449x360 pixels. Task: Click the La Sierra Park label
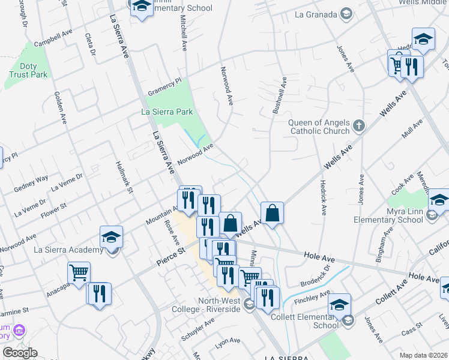click(x=167, y=112)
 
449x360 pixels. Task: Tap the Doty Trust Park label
click(x=28, y=70)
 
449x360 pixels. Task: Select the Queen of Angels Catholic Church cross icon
click(x=359, y=125)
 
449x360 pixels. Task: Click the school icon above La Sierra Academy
click(x=111, y=238)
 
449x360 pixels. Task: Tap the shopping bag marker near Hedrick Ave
click(x=272, y=213)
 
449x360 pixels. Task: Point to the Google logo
click(x=19, y=353)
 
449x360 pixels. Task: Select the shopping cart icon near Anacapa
click(x=79, y=273)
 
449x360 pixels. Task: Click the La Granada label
click(x=316, y=14)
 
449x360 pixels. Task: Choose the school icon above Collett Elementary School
click(x=339, y=304)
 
